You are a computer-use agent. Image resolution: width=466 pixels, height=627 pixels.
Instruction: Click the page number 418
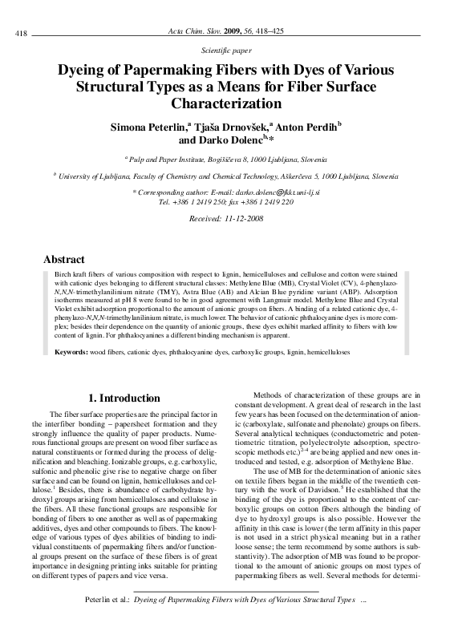click(x=22, y=32)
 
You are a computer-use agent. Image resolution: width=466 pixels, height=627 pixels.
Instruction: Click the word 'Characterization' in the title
click(x=233, y=103)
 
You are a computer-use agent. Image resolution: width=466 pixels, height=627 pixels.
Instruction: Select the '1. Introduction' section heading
click(x=124, y=398)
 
